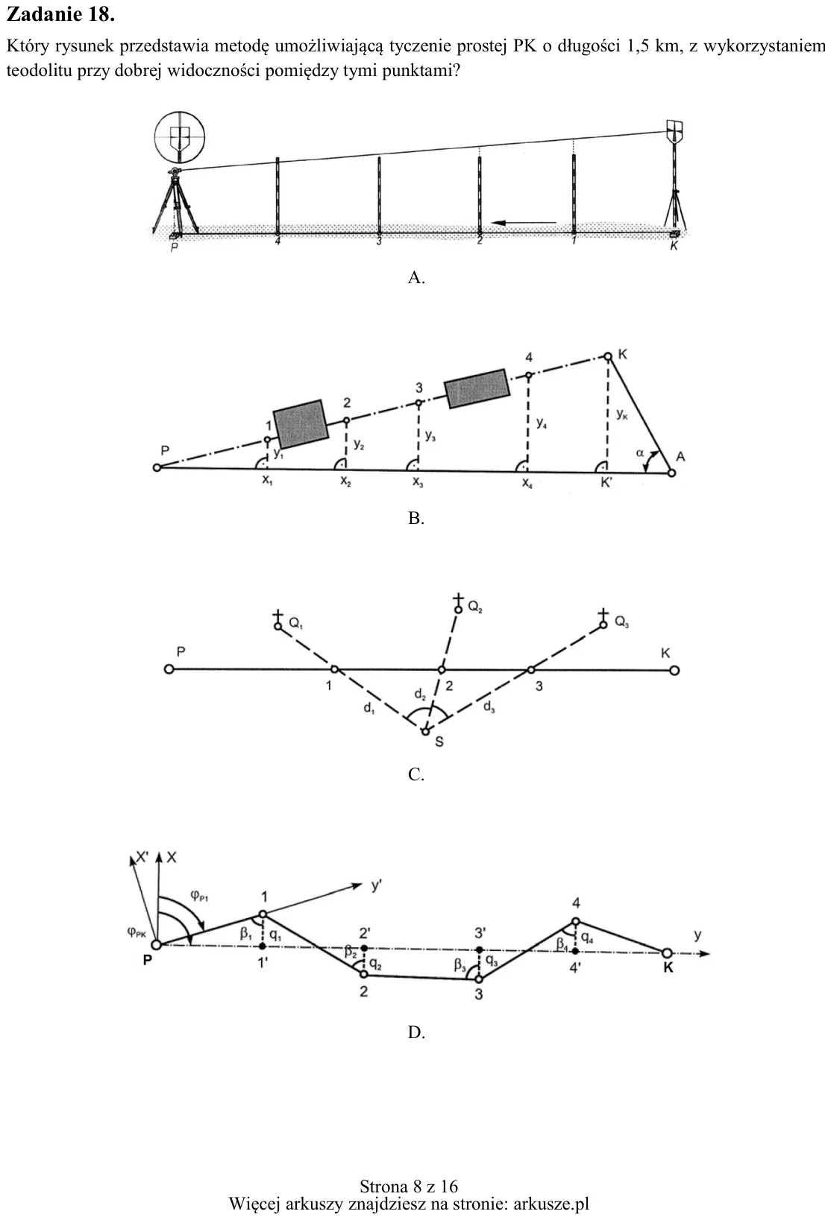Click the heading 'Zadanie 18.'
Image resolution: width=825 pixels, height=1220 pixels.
point(60,15)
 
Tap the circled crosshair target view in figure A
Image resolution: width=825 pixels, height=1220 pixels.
point(179,136)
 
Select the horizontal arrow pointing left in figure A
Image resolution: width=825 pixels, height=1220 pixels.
point(524,222)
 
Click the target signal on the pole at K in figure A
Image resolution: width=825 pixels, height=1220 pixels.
point(675,130)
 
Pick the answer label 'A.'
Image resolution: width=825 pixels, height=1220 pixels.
point(416,278)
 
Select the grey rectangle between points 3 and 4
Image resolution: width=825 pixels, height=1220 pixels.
point(477,388)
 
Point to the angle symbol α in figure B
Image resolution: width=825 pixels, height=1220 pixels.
point(639,452)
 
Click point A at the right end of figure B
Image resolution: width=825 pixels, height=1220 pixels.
point(672,472)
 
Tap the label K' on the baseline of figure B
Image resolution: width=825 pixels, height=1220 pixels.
point(606,482)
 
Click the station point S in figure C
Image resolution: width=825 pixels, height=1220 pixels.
point(425,731)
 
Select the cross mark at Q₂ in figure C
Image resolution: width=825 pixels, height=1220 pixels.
point(459,598)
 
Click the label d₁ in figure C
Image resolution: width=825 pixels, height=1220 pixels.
point(369,708)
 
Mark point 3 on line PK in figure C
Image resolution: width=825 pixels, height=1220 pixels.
point(531,669)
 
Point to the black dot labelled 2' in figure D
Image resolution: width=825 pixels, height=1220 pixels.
point(364,948)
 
